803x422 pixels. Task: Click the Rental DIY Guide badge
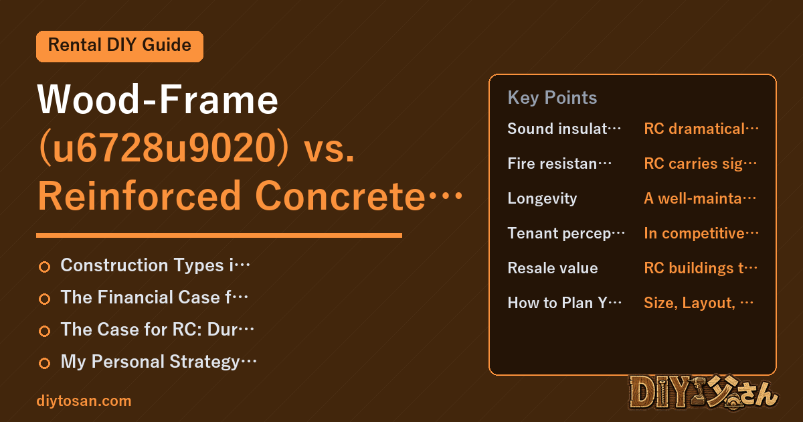[120, 46]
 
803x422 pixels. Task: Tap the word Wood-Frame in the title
[158, 99]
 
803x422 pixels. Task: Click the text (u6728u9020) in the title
[163, 148]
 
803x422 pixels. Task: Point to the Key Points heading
[552, 98]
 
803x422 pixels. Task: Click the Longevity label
[542, 198]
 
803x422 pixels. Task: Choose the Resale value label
[553, 268]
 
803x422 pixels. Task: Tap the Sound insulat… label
[564, 129]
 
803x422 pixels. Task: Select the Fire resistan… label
[559, 163]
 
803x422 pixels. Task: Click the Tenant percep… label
[566, 234]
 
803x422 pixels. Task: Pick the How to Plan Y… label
[564, 303]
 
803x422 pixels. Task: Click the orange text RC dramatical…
[701, 129]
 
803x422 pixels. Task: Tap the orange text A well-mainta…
[700, 198]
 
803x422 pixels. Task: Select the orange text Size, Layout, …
[699, 303]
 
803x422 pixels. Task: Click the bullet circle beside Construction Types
[44, 267]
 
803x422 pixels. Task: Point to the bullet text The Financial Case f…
[154, 297]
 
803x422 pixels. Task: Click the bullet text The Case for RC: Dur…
[157, 330]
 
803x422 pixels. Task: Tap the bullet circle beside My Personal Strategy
[44, 363]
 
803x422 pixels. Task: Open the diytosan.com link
[84, 401]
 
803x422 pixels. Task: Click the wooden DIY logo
[703, 393]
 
